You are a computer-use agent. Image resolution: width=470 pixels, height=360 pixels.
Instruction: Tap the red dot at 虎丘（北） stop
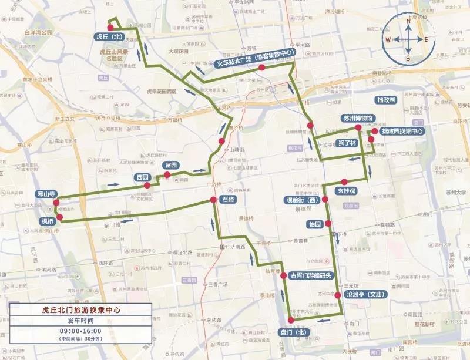click(x=110, y=28)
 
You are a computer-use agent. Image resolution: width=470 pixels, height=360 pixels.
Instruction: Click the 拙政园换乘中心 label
click(x=402, y=132)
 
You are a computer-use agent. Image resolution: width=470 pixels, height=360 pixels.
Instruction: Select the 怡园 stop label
click(x=315, y=224)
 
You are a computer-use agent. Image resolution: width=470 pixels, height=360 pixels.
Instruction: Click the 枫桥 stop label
click(x=48, y=221)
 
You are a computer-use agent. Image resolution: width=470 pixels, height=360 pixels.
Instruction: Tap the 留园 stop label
click(x=171, y=165)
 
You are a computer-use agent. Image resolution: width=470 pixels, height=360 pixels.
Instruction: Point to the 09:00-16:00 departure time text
click(x=80, y=331)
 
